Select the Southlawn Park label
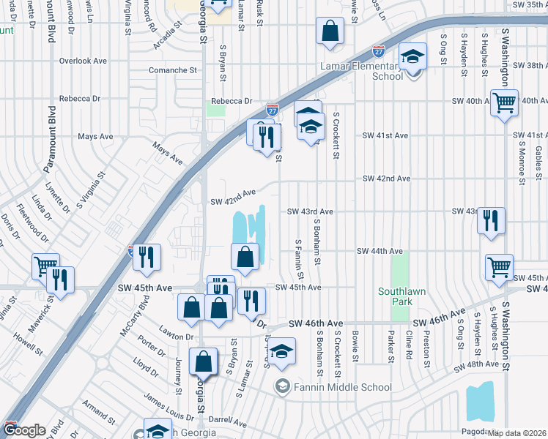[x=399, y=296]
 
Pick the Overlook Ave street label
[x=84, y=61]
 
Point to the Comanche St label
[x=173, y=71]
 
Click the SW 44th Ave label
[x=379, y=251]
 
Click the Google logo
[x=24, y=431]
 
